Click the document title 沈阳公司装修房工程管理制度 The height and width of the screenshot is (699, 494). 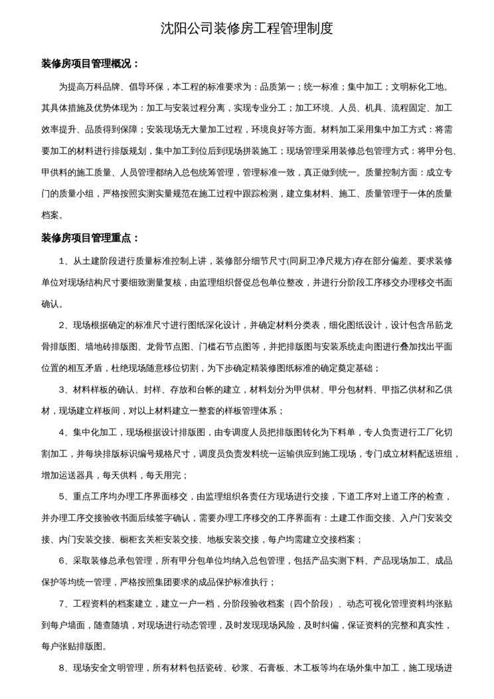point(247,29)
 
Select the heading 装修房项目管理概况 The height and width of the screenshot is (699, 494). point(90,64)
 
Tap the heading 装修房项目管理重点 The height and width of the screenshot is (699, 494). point(90,238)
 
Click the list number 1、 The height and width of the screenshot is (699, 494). point(65,261)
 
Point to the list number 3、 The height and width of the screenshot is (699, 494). point(65,389)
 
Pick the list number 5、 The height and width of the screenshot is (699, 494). point(65,496)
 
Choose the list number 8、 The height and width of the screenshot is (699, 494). point(65,668)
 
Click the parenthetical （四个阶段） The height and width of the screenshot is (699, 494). point(307,604)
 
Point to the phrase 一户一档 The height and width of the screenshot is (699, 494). point(198,604)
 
